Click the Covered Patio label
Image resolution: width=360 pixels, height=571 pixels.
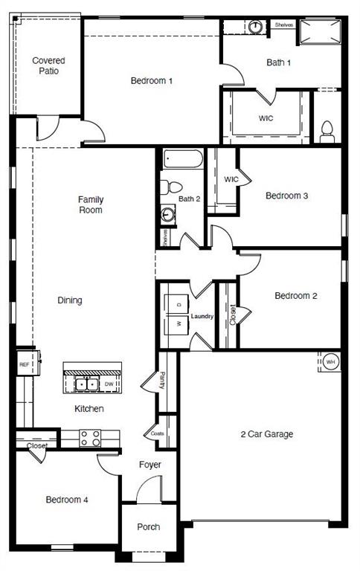pyautogui.click(x=48, y=65)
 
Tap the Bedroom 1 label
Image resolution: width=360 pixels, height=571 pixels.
pyautogui.click(x=152, y=80)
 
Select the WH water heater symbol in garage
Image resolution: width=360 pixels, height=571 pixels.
pyautogui.click(x=330, y=362)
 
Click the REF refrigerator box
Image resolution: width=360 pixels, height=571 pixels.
pyautogui.click(x=24, y=365)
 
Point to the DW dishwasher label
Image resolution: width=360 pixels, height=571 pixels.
pyautogui.click(x=109, y=384)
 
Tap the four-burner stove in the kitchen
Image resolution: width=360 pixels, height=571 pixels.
pyautogui.click(x=90, y=438)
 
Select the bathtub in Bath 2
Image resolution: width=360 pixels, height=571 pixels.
pyautogui.click(x=181, y=160)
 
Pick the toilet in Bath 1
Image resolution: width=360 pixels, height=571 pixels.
pyautogui.click(x=327, y=132)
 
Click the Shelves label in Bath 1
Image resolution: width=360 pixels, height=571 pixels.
pyautogui.click(x=283, y=25)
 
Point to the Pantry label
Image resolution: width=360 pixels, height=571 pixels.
pyautogui.click(x=162, y=381)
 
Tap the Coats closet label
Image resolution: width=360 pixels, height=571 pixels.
pyautogui.click(x=157, y=433)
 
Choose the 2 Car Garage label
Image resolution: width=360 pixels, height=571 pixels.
pyautogui.click(x=266, y=434)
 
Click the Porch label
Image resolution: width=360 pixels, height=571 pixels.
pyautogui.click(x=149, y=527)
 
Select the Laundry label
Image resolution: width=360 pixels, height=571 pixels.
pyautogui.click(x=202, y=317)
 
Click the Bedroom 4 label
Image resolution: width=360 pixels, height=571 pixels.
pyautogui.click(x=67, y=500)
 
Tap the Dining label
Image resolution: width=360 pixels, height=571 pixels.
pyautogui.click(x=70, y=300)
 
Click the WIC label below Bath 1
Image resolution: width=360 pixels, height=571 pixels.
pyautogui.click(x=266, y=117)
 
